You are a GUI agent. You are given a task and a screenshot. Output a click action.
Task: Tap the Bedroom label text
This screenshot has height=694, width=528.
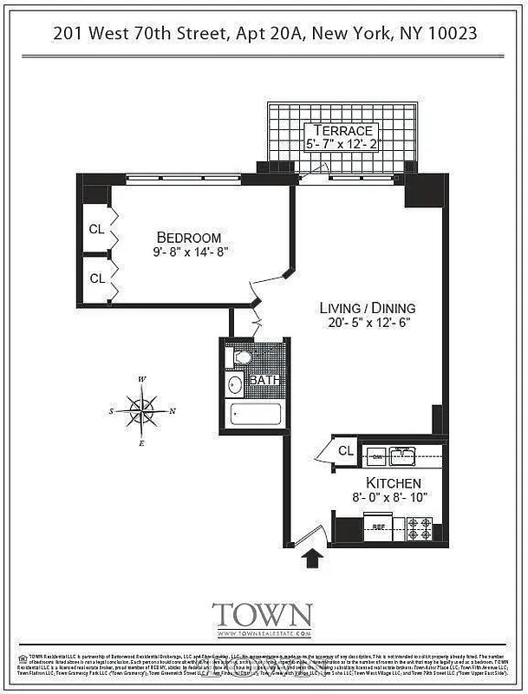pyautogui.click(x=188, y=238)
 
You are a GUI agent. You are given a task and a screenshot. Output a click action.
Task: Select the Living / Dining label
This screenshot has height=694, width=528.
pyautogui.click(x=367, y=308)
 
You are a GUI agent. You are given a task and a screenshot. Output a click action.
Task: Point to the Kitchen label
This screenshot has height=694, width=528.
pyautogui.click(x=393, y=482)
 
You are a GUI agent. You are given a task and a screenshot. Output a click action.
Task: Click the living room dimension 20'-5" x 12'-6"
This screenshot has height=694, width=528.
pyautogui.click(x=368, y=324)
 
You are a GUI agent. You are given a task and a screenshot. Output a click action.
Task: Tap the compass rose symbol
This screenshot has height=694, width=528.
pyautogui.click(x=141, y=409)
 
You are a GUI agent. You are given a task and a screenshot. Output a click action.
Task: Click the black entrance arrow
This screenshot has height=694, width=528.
pyautogui.click(x=310, y=555)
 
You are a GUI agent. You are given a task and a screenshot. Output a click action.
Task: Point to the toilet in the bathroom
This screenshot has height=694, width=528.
pyautogui.click(x=242, y=357)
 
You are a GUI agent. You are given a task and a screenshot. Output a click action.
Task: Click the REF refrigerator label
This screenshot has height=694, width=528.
pyautogui.click(x=379, y=527)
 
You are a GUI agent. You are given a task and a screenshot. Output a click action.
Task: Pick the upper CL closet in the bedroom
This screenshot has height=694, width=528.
pyautogui.click(x=97, y=230)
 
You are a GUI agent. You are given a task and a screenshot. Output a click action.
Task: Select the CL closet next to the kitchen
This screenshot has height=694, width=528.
pyautogui.click(x=345, y=451)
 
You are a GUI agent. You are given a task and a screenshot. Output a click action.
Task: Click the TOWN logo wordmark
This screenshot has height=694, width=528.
pyautogui.click(x=262, y=615)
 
